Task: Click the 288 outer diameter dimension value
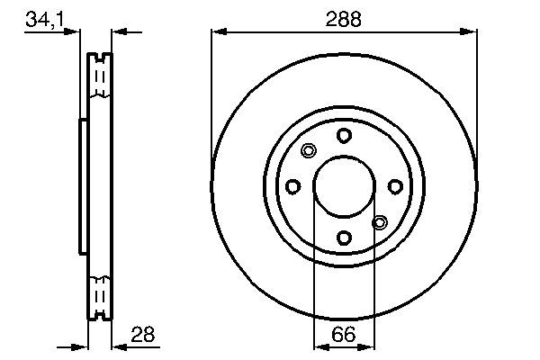pyautogui.click(x=344, y=18)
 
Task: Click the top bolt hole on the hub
pyautogui.click(x=344, y=135)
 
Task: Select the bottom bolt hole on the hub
pyautogui.click(x=344, y=238)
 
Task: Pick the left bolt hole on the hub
pyautogui.click(x=292, y=186)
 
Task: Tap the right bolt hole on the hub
pyautogui.click(x=395, y=186)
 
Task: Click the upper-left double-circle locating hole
pyautogui.click(x=309, y=150)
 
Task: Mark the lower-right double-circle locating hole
pyautogui.click(x=379, y=222)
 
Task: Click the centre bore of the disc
pyautogui.click(x=344, y=186)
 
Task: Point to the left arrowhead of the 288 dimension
pyautogui.click(x=217, y=32)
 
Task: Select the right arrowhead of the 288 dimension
pyautogui.click(x=471, y=32)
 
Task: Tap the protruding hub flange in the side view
pyautogui.click(x=83, y=186)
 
